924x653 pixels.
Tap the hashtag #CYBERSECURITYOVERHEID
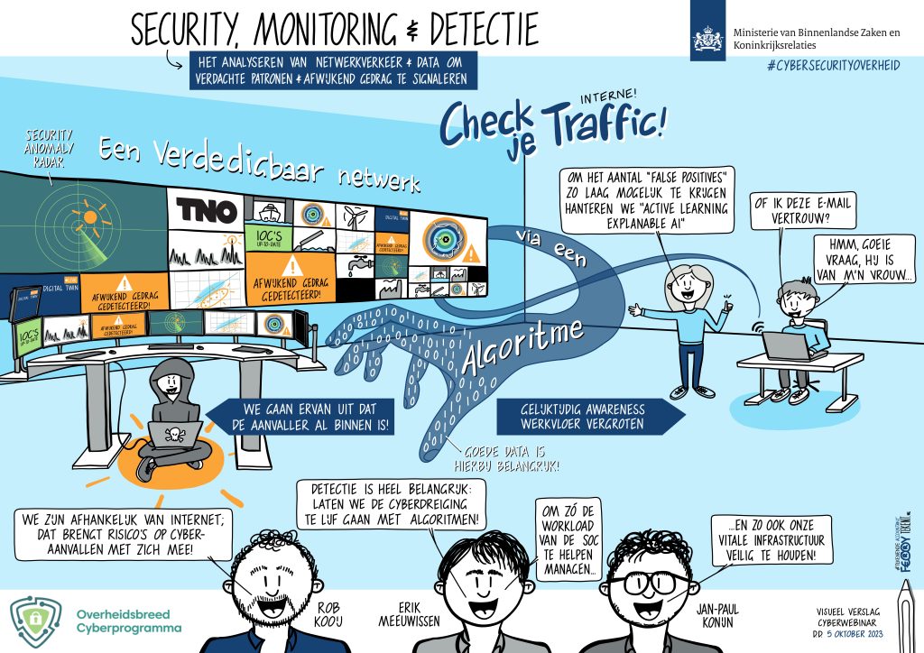point(832,66)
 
